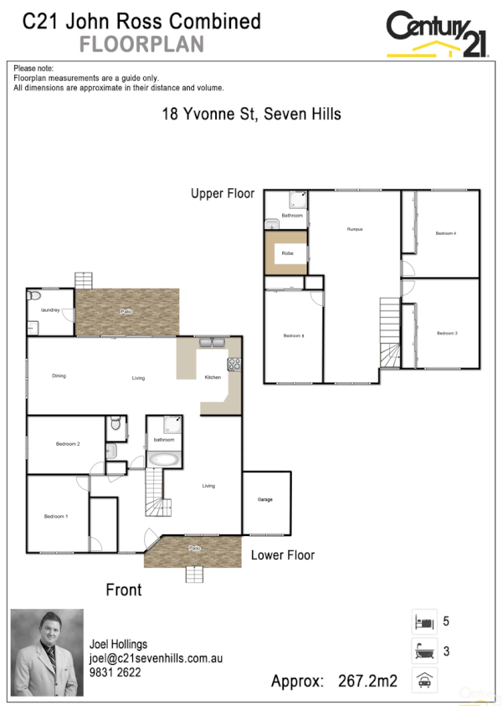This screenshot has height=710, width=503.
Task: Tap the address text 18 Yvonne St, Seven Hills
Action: [251, 114]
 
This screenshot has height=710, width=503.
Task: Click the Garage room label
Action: [264, 500]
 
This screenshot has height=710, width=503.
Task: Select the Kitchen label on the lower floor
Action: [213, 378]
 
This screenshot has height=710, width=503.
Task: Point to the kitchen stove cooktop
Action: [234, 364]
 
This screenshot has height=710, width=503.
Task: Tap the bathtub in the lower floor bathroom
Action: [162, 459]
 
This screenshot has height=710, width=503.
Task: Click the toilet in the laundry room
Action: [34, 296]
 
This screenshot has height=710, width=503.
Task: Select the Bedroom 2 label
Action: [68, 444]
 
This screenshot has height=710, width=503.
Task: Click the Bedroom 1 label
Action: [56, 517]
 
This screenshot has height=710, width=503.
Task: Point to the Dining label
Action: [59, 376]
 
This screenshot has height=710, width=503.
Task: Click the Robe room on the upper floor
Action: [287, 253]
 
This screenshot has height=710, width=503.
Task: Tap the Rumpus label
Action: [355, 228]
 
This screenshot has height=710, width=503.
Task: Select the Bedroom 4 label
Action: [446, 233]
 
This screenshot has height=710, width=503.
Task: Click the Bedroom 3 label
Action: [447, 334]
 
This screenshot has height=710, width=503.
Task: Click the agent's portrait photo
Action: [47, 651]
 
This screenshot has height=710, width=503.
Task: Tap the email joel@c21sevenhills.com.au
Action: [156, 658]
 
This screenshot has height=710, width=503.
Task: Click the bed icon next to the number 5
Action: [423, 622]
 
